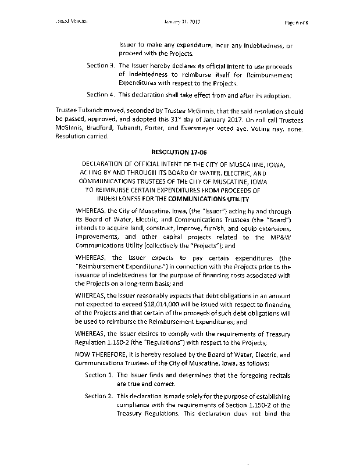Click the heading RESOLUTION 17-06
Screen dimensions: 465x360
pos(179,151)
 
